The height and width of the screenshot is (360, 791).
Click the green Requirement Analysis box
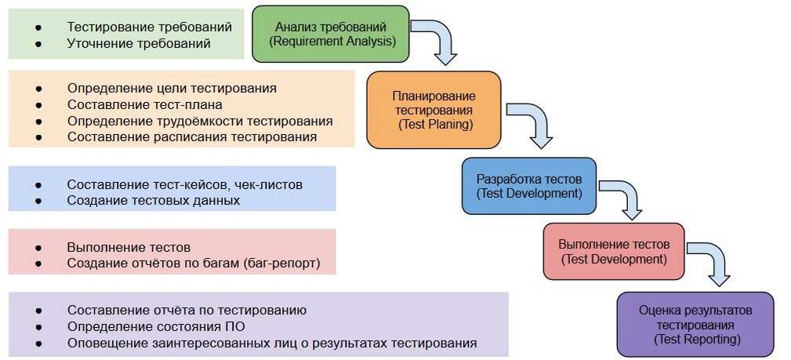pyautogui.click(x=331, y=34)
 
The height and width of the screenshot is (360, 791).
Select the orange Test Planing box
pyautogui.click(x=433, y=110)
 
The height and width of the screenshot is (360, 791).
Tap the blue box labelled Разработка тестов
pyautogui.click(x=528, y=186)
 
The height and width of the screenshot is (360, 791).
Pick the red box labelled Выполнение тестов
pyautogui.click(x=613, y=251)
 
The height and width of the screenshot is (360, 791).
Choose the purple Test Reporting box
pyautogui.click(x=695, y=324)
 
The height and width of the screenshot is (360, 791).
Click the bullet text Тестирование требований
pyautogui.click(x=149, y=27)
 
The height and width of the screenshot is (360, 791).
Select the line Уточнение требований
pyautogui.click(x=139, y=43)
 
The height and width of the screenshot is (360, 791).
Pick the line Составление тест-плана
pyautogui.click(x=144, y=104)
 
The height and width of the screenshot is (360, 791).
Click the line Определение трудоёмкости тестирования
pyautogui.click(x=200, y=121)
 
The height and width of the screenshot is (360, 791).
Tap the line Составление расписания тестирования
pyautogui.click(x=191, y=136)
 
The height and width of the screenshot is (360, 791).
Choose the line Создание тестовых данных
pyautogui.click(x=153, y=200)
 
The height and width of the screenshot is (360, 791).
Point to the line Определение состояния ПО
pyautogui.click(x=161, y=326)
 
